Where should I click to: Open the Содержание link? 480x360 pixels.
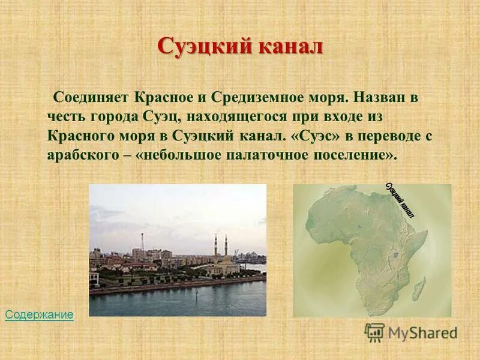point(39,314)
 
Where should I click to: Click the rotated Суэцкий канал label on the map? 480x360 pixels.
point(400,198)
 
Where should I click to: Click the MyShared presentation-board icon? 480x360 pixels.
point(375,332)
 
